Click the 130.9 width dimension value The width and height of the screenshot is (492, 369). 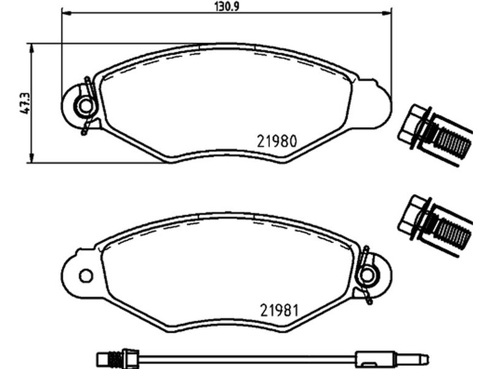tap(226, 6)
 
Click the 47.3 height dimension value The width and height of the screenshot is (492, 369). tap(25, 103)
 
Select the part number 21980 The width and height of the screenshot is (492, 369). tap(277, 141)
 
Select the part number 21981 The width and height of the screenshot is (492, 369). tap(279, 311)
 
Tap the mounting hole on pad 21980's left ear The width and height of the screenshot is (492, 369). tap(85, 106)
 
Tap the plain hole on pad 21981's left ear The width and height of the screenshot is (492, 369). tap(85, 276)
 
